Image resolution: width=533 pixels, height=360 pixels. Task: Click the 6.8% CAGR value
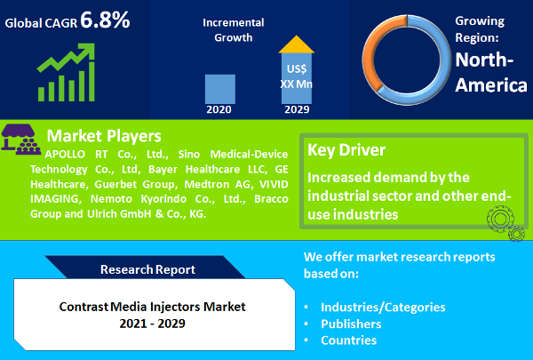click(105, 20)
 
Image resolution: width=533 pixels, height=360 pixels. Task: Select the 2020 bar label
click(219, 110)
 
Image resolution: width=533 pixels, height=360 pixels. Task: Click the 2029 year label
click(296, 110)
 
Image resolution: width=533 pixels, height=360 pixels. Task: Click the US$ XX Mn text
click(296, 76)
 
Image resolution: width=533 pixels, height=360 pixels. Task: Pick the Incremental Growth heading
click(235, 29)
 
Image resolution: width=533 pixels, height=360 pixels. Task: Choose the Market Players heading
click(103, 136)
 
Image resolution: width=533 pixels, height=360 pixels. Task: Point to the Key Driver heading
click(346, 150)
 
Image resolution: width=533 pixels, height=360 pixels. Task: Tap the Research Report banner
click(147, 268)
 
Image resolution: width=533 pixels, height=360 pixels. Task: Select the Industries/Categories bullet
click(383, 307)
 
